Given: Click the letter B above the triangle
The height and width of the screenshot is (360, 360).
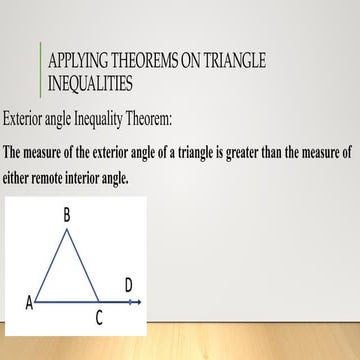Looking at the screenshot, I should pos(66,214).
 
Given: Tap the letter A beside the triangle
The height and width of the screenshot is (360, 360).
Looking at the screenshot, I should pos(29,303).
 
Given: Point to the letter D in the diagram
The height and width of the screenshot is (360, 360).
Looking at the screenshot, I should pos(129,286).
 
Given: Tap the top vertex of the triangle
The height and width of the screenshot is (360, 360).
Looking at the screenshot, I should pos(66,229).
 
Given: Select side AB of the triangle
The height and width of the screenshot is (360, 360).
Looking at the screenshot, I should pos(52,265).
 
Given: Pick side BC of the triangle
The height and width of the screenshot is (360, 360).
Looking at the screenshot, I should pos(82,265).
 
